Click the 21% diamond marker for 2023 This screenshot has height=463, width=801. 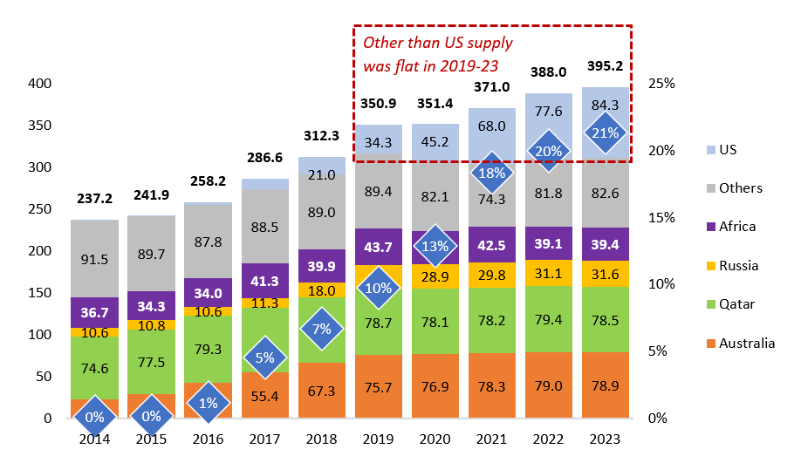tap(606, 134)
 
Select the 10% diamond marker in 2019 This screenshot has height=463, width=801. tap(378, 289)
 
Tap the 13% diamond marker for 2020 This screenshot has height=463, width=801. tap(435, 245)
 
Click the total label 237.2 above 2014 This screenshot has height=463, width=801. tap(94, 196)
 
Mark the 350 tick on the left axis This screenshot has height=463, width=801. tap(38, 126)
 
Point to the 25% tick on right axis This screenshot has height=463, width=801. tap(661, 84)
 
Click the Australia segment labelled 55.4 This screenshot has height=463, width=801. tap(264, 396)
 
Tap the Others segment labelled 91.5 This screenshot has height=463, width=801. tap(94, 259)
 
